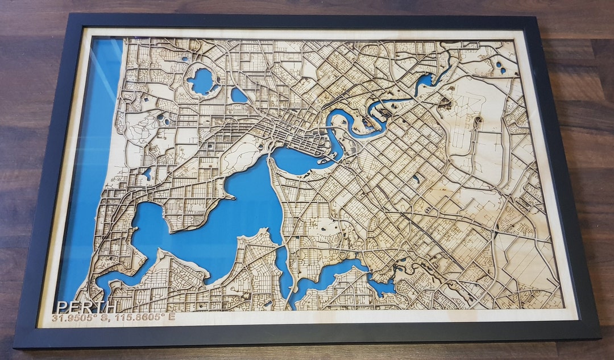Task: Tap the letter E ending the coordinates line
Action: click(171, 317)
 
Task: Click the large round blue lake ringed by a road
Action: click(202, 81)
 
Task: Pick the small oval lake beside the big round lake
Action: click(239, 96)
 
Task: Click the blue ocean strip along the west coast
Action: click(97, 171)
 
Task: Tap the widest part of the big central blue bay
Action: click(239, 210)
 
